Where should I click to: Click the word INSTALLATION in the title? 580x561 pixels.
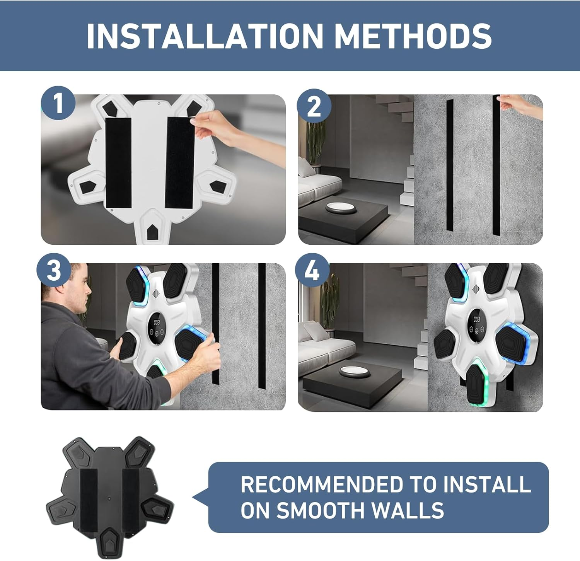point(205,36)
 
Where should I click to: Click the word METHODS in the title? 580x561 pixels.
point(413,36)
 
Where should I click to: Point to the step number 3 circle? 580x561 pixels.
point(54,270)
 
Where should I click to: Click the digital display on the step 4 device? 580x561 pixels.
point(476,324)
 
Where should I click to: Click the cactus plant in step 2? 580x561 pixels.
point(316,143)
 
